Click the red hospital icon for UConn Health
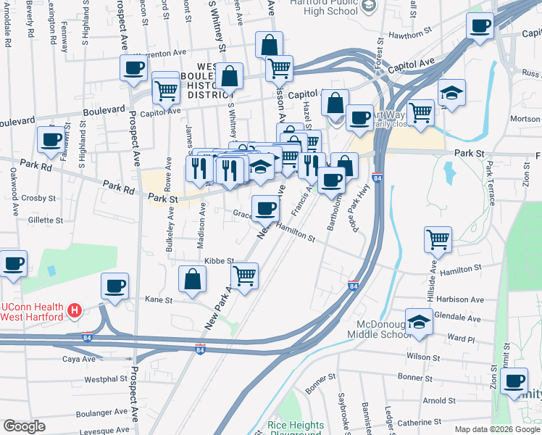tap(73, 311)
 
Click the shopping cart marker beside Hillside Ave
tap(438, 239)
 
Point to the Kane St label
tap(159, 299)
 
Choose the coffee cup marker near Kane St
tap(114, 286)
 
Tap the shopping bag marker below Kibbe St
tap(192, 280)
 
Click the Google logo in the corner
tap(24, 426)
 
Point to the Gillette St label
tap(45, 220)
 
